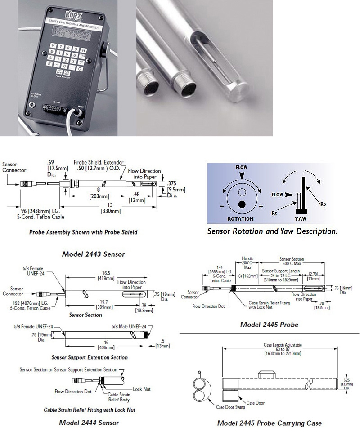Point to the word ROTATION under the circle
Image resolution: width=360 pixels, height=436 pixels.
(x=241, y=219)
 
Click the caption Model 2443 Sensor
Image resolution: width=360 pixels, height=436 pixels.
(x=93, y=254)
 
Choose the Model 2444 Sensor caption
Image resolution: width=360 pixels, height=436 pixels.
(x=89, y=423)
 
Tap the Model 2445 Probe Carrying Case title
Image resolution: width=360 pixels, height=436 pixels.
(x=269, y=423)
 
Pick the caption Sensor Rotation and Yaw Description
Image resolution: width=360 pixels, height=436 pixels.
(x=272, y=232)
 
